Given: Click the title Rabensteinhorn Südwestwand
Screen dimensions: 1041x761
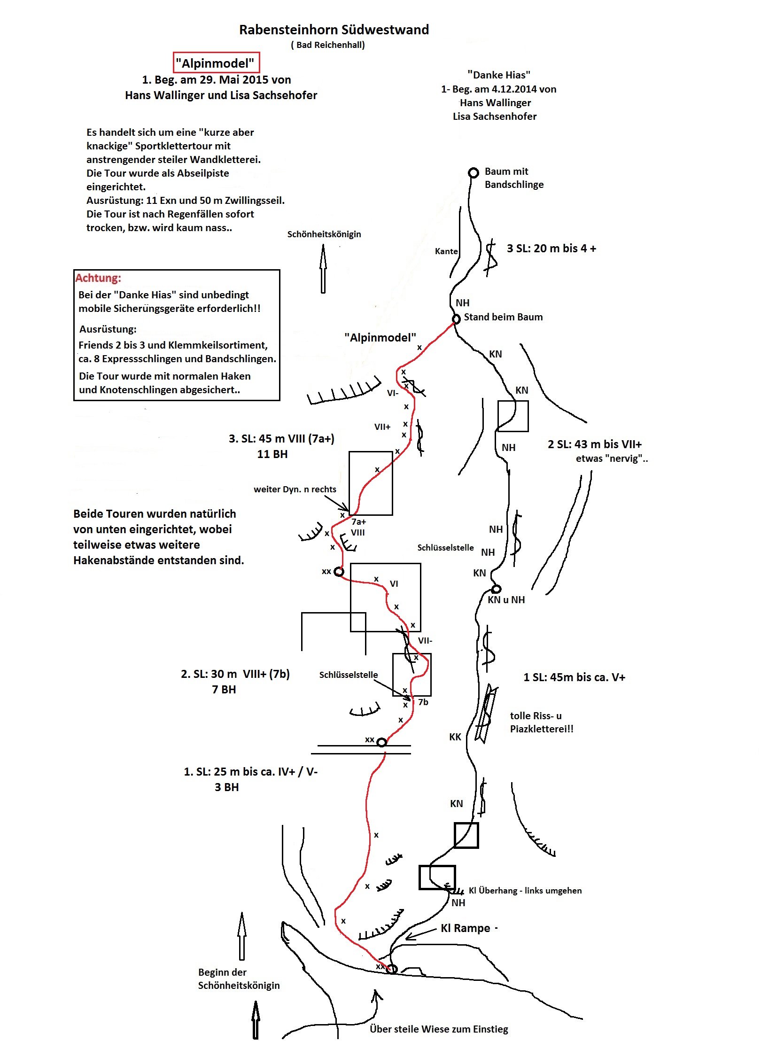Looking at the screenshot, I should (334, 30).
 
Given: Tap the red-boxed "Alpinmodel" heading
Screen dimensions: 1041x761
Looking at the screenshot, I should (216, 63).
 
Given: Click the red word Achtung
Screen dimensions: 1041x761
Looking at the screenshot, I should (98, 278).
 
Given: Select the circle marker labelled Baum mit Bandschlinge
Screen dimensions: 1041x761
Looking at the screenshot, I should (474, 172).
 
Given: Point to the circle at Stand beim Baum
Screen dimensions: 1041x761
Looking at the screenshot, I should (456, 319).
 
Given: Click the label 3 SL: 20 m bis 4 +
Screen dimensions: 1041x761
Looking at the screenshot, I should (551, 249).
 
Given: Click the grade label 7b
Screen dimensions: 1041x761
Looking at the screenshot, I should (423, 702).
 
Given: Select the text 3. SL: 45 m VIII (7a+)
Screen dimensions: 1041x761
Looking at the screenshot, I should (281, 439).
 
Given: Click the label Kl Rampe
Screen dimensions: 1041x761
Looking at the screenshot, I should (465, 928).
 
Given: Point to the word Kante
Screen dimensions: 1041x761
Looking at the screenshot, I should (446, 251).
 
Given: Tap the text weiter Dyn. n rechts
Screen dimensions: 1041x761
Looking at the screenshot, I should (295, 489).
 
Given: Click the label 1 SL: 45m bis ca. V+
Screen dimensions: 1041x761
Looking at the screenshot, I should (574, 677).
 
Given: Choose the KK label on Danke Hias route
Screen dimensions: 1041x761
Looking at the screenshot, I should (455, 737).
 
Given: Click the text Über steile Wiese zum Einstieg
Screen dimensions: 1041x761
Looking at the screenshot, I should (439, 1029).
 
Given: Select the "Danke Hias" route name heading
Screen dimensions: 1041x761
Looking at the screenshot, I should (498, 75).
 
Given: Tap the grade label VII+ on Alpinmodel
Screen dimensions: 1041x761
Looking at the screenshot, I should (382, 427).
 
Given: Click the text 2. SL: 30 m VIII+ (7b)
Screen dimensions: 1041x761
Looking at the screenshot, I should (235, 674).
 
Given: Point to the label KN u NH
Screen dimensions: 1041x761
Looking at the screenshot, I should (506, 600).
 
